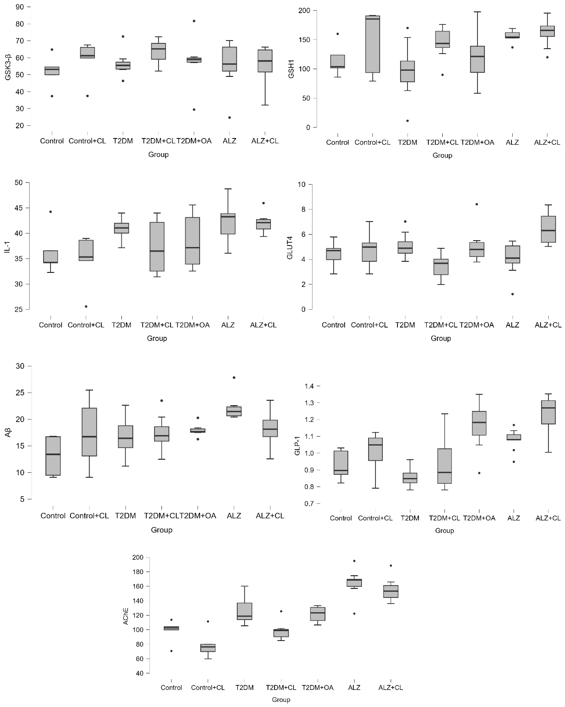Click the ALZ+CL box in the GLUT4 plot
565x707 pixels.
(x=548, y=229)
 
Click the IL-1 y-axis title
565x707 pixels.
(x=7, y=246)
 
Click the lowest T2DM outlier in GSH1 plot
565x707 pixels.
(x=408, y=121)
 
